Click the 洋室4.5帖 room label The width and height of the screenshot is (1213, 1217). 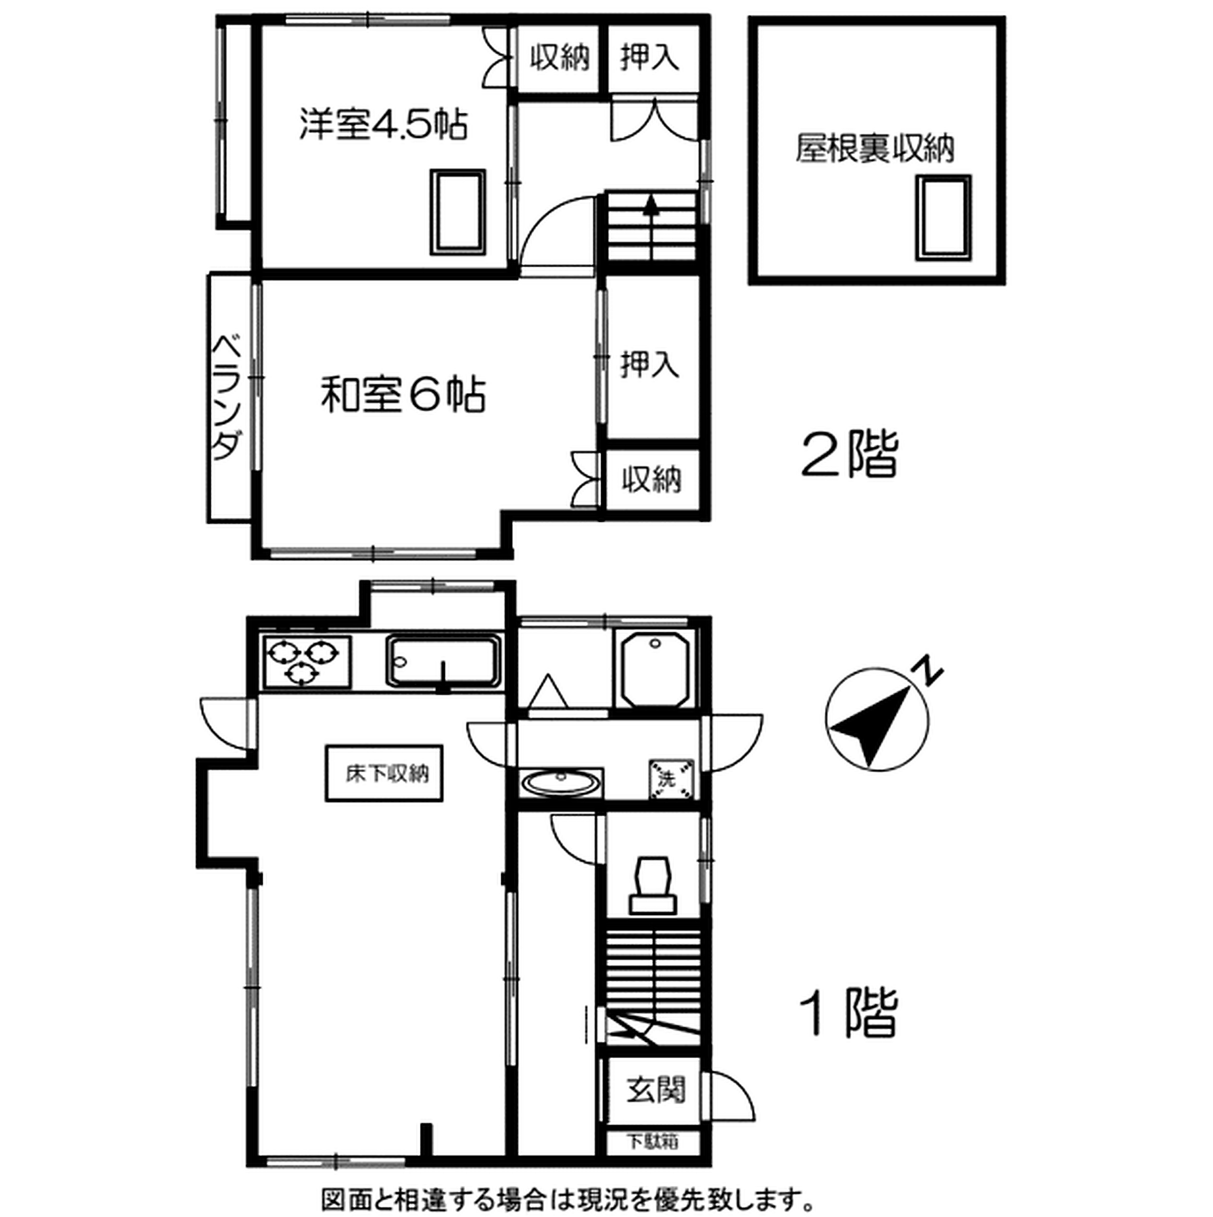tap(383, 125)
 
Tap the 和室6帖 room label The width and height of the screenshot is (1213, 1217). tap(403, 394)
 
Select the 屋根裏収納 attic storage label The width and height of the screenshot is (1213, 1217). tap(875, 149)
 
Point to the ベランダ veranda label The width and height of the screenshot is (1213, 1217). tap(228, 397)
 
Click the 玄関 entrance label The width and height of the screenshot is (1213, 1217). tap(655, 1088)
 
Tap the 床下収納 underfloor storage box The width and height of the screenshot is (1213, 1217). tap(383, 774)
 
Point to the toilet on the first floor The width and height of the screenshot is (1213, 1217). tap(653, 884)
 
